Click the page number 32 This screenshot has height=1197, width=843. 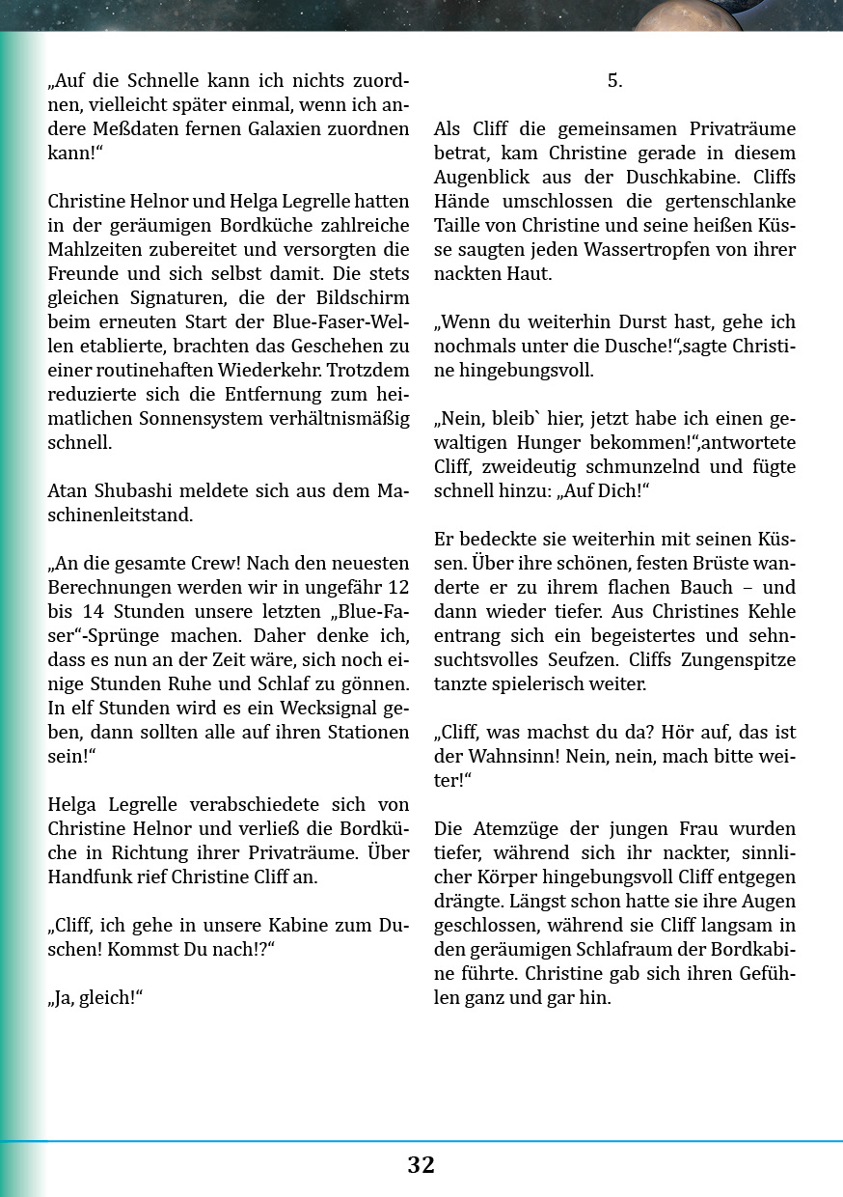click(x=421, y=1165)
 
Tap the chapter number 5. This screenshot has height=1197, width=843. click(x=614, y=81)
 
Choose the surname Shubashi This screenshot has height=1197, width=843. click(x=136, y=491)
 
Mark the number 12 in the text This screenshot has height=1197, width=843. click(x=396, y=587)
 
